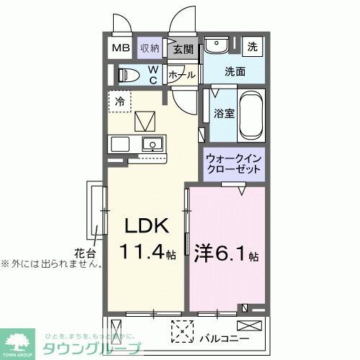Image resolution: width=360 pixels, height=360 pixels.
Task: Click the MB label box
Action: (x=120, y=48)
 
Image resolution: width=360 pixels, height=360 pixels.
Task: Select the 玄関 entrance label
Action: (x=184, y=49)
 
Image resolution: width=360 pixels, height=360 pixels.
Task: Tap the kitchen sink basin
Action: (x=151, y=144)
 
